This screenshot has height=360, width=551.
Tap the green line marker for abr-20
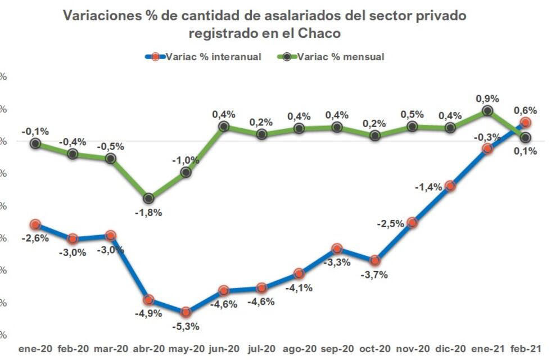click(148, 198)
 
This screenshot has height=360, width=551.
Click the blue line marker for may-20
click(186, 312)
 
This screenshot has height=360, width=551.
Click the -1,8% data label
click(149, 213)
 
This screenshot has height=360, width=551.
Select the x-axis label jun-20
click(224, 349)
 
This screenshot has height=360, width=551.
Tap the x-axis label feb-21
click(526, 349)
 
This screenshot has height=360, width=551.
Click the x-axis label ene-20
click(35, 349)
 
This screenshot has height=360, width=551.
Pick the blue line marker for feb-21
click(526, 122)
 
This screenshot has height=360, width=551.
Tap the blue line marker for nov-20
click(412, 222)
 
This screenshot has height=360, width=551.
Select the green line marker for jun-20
click(224, 127)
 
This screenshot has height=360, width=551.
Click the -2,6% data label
click(35, 238)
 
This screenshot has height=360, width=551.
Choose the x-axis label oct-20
click(374, 349)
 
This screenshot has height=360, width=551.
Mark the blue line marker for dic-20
click(450, 186)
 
